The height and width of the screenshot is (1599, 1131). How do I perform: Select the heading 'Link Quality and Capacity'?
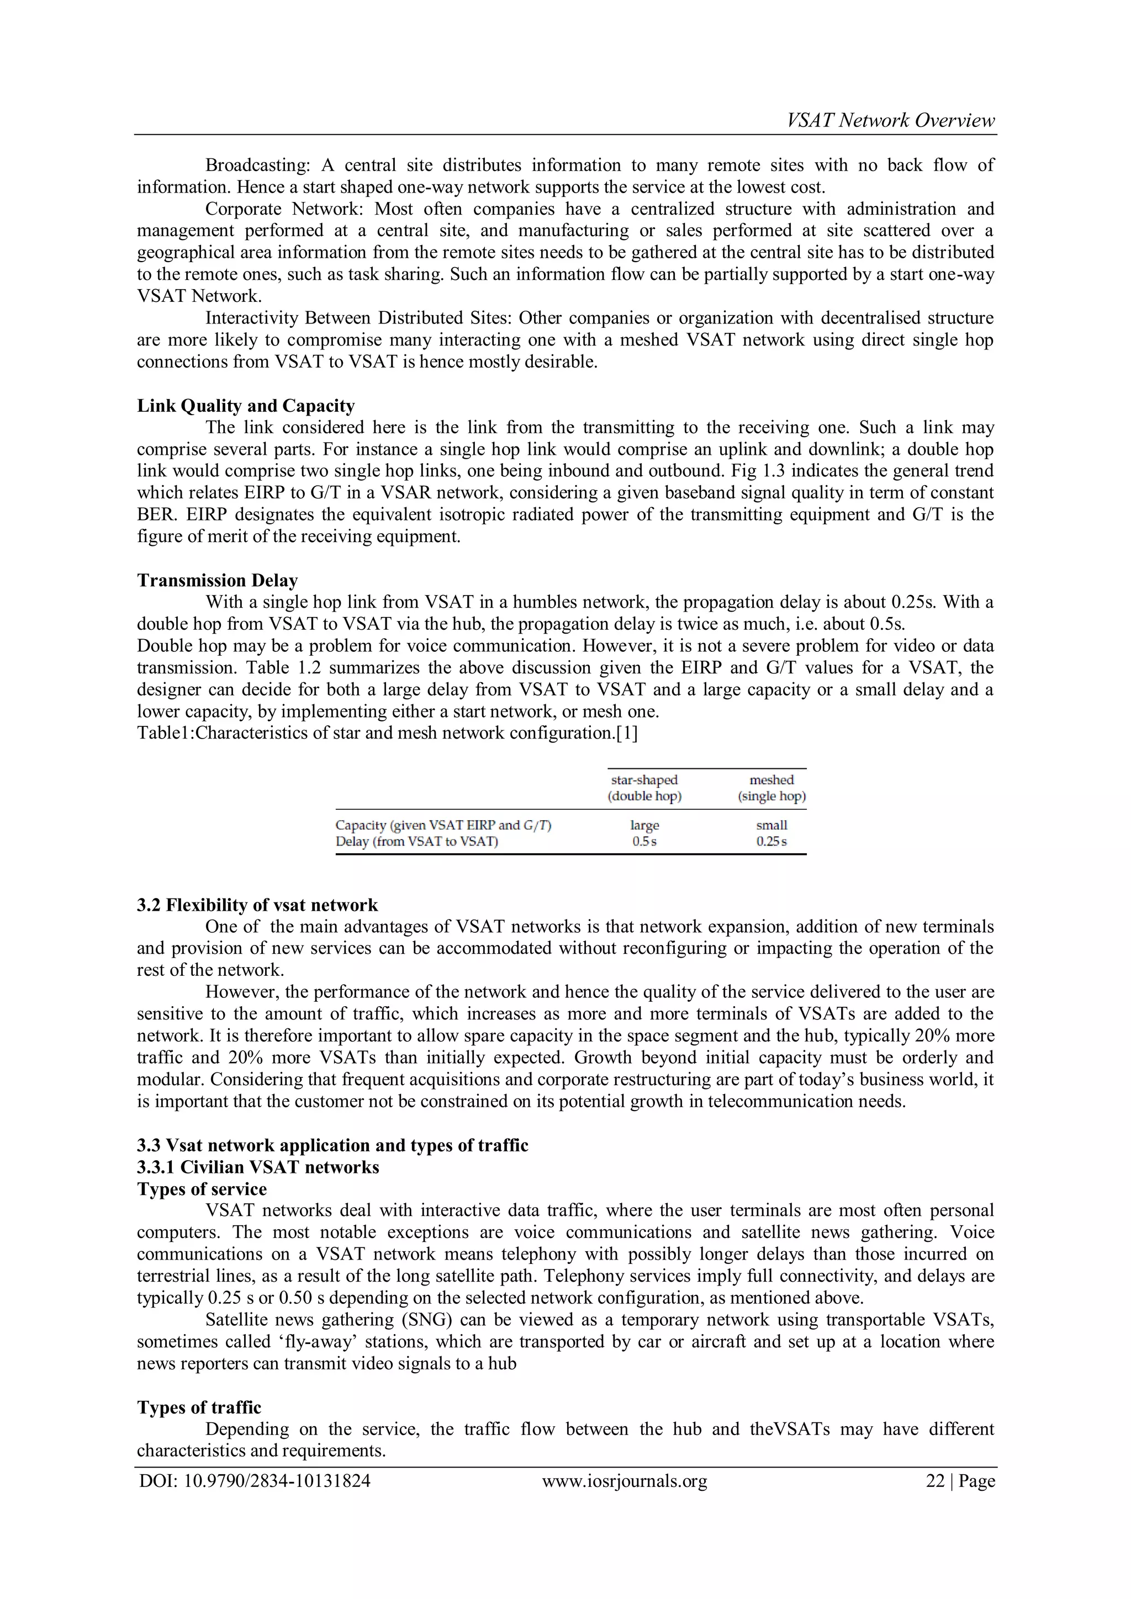[x=246, y=406]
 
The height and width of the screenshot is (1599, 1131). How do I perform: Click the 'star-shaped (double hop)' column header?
[x=644, y=788]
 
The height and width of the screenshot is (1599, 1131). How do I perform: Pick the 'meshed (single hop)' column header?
[x=771, y=788]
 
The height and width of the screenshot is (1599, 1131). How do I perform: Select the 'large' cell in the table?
[x=644, y=825]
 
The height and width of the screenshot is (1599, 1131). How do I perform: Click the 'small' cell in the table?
[x=771, y=825]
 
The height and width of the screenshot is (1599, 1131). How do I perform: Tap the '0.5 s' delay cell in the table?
[x=644, y=841]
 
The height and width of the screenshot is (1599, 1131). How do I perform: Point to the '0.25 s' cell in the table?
[x=771, y=841]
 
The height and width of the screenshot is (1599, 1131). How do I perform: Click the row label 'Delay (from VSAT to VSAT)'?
[x=417, y=841]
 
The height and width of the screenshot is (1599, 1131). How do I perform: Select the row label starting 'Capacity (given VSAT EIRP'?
[x=443, y=825]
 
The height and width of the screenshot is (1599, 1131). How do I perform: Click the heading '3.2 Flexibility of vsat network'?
[x=257, y=905]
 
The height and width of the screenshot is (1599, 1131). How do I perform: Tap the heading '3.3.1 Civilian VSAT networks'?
[x=258, y=1168]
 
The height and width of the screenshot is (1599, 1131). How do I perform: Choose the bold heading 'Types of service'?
[x=202, y=1189]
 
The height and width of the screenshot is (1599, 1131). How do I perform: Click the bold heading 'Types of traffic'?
[x=199, y=1407]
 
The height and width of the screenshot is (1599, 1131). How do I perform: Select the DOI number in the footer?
[x=255, y=1481]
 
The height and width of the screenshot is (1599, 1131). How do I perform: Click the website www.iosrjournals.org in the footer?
[x=625, y=1481]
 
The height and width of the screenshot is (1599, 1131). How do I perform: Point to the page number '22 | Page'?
[x=960, y=1481]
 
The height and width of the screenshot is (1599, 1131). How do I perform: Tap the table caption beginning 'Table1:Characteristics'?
[x=387, y=732]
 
